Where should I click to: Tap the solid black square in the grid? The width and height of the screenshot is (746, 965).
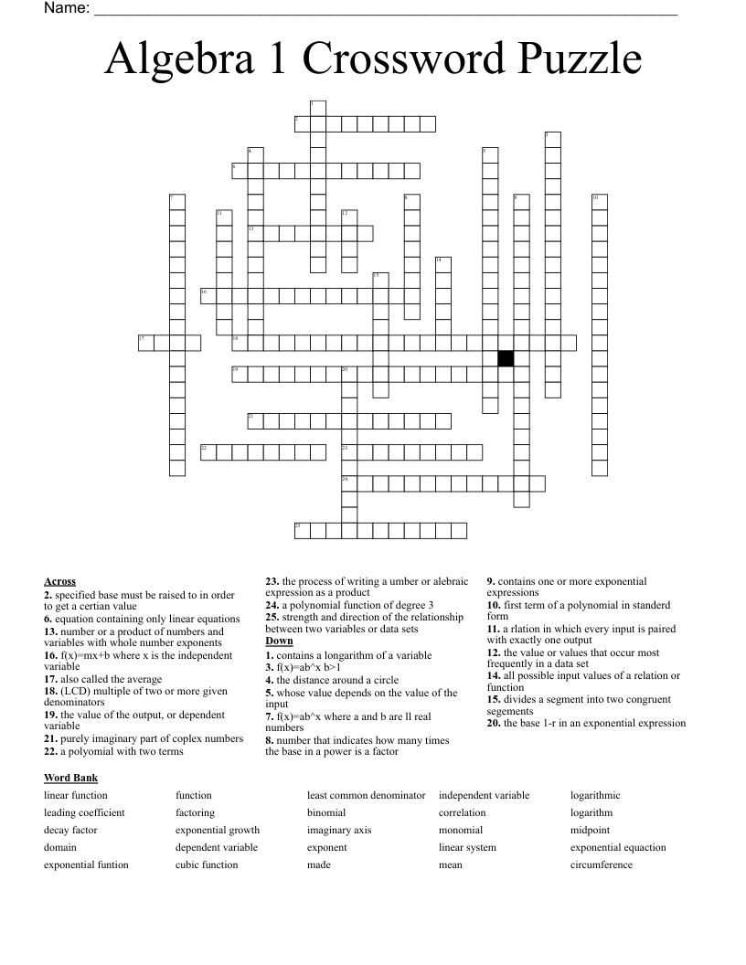(x=506, y=358)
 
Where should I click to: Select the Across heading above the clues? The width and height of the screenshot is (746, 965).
(x=59, y=581)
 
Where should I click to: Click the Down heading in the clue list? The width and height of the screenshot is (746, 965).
(x=279, y=641)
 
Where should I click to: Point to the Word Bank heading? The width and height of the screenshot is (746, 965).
(x=70, y=778)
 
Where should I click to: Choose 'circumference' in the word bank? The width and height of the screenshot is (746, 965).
(x=601, y=864)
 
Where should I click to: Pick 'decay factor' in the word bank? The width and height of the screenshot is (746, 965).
(x=70, y=830)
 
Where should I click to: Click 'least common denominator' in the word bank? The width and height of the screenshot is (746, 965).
(x=366, y=795)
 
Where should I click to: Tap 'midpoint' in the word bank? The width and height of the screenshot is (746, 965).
(x=590, y=830)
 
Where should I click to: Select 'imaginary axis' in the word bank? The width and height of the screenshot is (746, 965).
(x=339, y=830)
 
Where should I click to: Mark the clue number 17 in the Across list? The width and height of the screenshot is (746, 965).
(x=50, y=679)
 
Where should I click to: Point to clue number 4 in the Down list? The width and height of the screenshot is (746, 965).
(x=270, y=680)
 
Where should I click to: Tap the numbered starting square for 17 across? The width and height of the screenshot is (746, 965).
(x=145, y=343)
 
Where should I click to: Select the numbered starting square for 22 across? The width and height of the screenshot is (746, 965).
(x=208, y=451)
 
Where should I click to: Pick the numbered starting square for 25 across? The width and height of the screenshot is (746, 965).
(x=301, y=530)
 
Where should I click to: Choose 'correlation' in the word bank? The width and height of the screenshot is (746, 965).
(x=462, y=812)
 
